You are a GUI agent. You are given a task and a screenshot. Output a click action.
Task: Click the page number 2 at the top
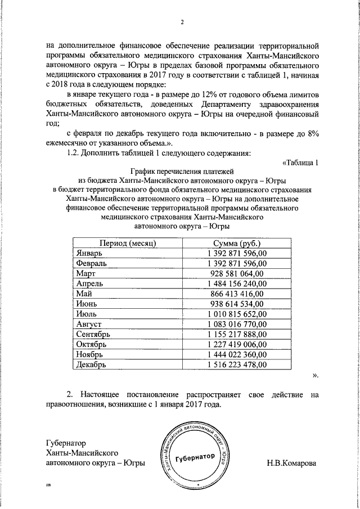coord(182,22)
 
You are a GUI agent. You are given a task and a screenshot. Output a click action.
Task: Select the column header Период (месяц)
coord(128,243)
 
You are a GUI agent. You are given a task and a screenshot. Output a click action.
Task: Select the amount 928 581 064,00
coord(236,273)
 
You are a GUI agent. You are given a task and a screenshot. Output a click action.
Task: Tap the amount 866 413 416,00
coord(236,294)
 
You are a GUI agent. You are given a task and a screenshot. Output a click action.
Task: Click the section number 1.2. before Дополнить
coord(75,153)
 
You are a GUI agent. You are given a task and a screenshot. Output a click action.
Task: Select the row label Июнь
coord(88,304)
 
